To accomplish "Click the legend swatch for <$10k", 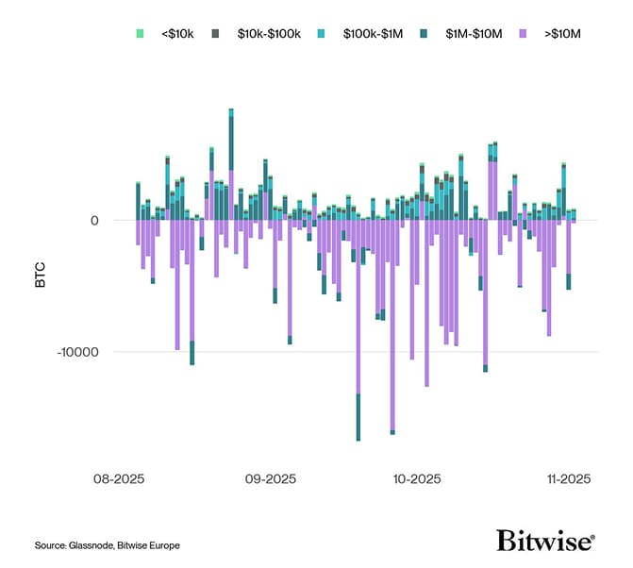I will point(140,33).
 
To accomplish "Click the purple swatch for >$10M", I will point(524,33).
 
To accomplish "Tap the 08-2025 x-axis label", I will point(120,479).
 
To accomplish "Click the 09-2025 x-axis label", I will point(272,479).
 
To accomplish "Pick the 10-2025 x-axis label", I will point(417,479).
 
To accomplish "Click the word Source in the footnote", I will point(50,545).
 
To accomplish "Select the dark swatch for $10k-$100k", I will point(216,33).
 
